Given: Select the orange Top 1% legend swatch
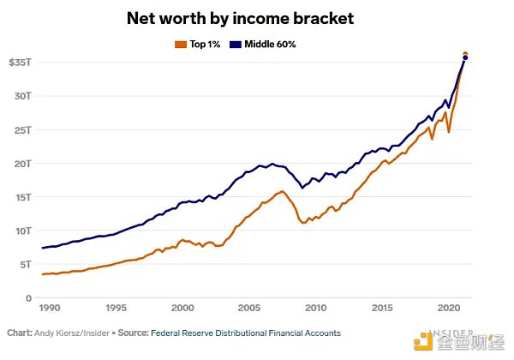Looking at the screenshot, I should coord(179,43).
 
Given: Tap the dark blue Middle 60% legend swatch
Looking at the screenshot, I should coord(236,43).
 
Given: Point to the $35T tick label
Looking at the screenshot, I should coord(21,63).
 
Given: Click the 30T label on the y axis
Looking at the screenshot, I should coord(23,96).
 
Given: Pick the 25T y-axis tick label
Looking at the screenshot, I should coord(23,129).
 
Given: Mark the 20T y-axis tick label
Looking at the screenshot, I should coord(23,164).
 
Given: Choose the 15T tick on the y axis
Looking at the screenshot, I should coord(23,197).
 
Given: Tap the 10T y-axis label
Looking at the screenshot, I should coord(23,231).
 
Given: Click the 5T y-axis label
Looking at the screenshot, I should coord(26,264).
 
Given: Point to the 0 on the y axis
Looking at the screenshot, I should coord(29,297).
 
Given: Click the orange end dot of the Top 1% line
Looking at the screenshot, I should coord(465,54).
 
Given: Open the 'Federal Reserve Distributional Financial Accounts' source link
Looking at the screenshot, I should coord(245,333).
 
